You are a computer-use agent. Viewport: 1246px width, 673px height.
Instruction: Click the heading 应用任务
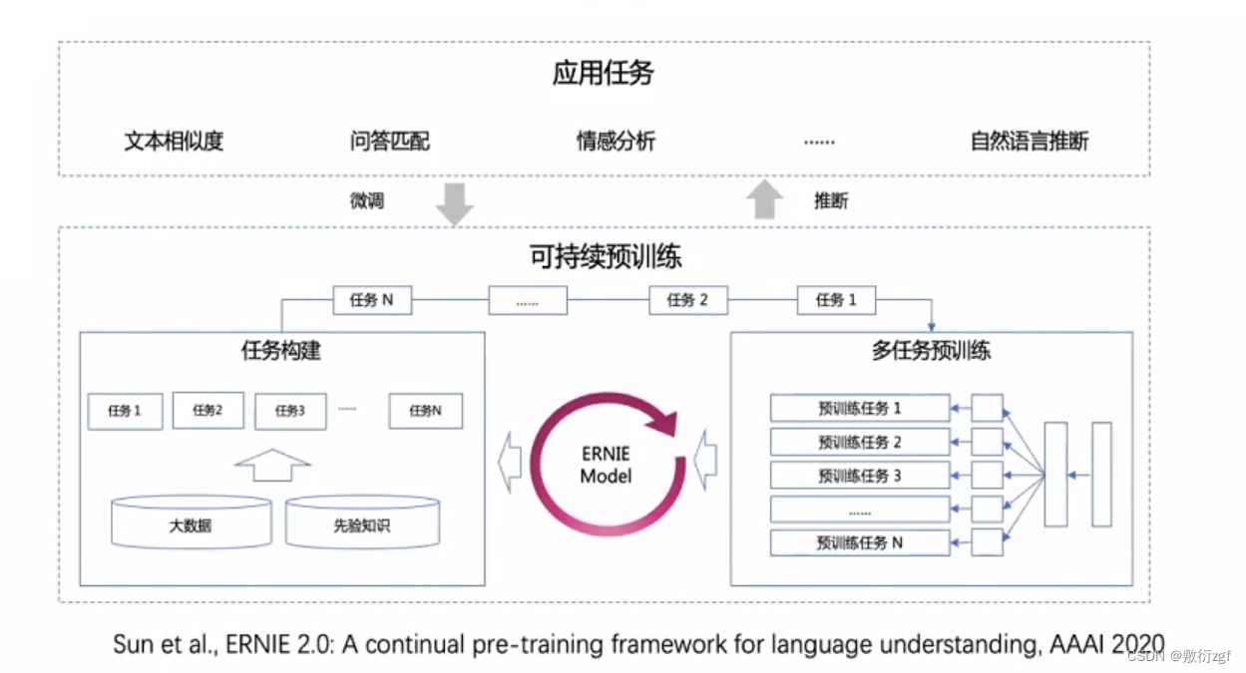coord(603,74)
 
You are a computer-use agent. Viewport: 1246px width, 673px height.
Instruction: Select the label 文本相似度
coord(174,141)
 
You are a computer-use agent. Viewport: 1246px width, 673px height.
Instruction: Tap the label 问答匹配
coord(390,141)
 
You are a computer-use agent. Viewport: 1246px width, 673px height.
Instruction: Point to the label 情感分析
coord(616,141)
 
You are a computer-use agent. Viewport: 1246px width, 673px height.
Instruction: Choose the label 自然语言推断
coord(1030,141)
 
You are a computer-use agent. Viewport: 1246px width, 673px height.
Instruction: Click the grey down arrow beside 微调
coord(454,202)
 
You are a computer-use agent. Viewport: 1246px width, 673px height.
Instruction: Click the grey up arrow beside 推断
coord(765,198)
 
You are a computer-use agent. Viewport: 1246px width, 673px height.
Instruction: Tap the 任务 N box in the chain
coord(371,300)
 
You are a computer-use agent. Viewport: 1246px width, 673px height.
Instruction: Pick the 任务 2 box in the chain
coord(687,300)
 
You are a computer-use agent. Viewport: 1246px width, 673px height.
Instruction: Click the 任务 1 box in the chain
coord(836,300)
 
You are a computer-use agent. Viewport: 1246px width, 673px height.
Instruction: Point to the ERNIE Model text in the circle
coord(606,466)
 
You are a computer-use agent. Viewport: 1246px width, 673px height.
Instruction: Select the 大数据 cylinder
coord(191,522)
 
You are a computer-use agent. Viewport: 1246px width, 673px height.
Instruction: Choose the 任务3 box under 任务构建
coord(290,410)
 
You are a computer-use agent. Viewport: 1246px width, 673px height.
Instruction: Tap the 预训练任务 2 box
coord(860,442)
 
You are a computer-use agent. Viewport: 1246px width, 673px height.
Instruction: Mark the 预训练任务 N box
coord(860,543)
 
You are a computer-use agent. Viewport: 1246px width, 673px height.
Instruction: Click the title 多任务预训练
coord(931,350)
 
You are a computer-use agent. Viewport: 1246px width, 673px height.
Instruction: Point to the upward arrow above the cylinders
coord(272,465)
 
